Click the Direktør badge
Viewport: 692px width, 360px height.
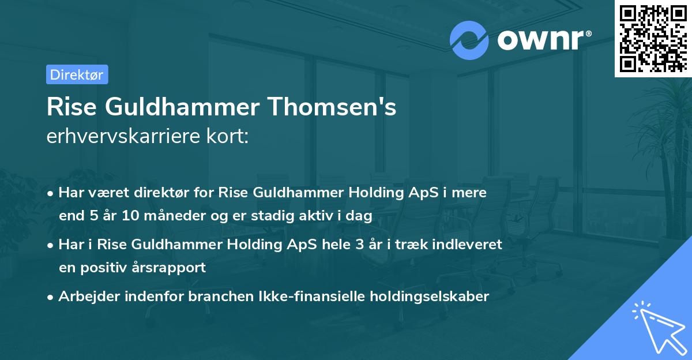click(x=76, y=74)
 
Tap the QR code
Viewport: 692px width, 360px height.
click(x=652, y=38)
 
